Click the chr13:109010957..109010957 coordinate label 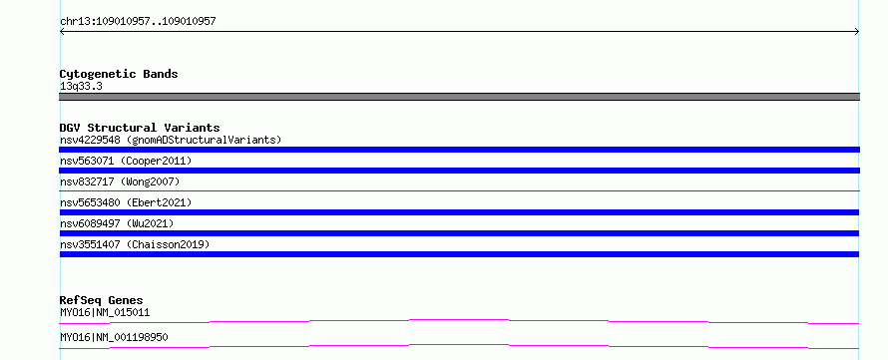pos(138,22)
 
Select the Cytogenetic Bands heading pos(119,74)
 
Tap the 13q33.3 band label pos(81,87)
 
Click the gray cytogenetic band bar pos(459,97)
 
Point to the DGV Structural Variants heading pos(140,128)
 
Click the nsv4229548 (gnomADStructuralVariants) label pos(171,140)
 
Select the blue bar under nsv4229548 pos(459,150)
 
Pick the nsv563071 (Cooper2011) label pos(126,161)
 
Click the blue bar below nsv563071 pos(459,171)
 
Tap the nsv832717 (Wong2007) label pos(120,181)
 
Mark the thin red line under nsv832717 pos(459,190)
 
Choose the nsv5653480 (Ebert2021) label pos(126,202)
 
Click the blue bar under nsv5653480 pos(459,212)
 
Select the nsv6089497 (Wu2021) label pos(117,223)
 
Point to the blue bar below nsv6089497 pos(459,233)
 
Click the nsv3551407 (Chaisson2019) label pos(135,244)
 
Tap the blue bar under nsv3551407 pos(459,254)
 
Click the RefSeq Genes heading pos(102,300)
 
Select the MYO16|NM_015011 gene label pos(105,312)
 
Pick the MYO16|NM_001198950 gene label pos(114,337)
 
